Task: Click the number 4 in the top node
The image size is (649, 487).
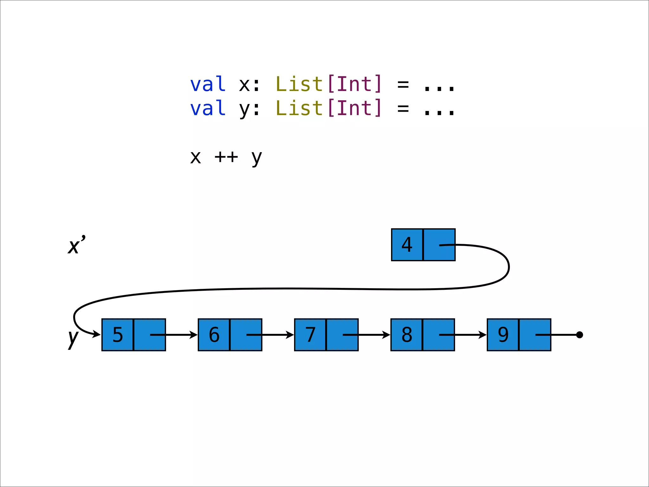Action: coord(407,245)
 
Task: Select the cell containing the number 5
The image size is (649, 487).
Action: coord(118,335)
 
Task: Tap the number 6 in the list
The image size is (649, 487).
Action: coord(214,335)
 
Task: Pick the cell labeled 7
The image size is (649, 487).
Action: coord(310,335)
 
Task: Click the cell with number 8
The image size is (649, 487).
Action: coord(407,335)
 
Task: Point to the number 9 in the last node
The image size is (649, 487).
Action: coord(503,335)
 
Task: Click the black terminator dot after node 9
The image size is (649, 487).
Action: coord(580,335)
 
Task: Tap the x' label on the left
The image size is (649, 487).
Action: coord(76,245)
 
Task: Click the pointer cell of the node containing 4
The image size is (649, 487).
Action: coord(439,245)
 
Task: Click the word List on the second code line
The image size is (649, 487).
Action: coord(299,108)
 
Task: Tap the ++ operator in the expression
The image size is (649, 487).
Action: coord(226,157)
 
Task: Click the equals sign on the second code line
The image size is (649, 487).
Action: coord(403,108)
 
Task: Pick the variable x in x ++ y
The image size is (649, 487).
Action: coord(196,157)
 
